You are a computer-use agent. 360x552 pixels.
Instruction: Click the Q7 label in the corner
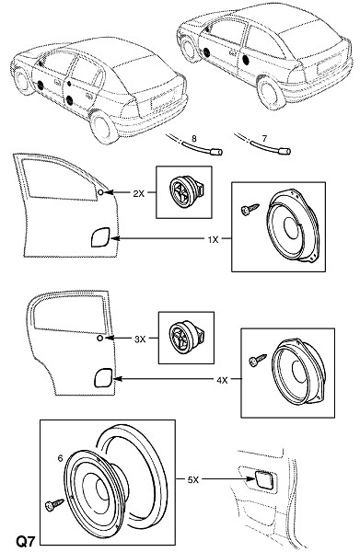coord(26,540)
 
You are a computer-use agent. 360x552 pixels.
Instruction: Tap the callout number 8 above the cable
coord(194,139)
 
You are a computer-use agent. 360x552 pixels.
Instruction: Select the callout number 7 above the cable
coord(264,138)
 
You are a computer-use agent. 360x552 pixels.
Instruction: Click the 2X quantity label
coord(138,193)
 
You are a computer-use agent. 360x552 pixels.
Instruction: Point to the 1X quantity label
coord(213,240)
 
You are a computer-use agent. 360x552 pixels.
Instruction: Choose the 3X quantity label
coord(140,339)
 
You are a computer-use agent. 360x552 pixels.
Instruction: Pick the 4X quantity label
coord(222,380)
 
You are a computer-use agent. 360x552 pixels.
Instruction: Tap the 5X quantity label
coord(193,479)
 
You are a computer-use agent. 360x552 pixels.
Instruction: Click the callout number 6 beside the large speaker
coord(60,458)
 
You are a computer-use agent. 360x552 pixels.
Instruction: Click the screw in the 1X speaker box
coord(250,209)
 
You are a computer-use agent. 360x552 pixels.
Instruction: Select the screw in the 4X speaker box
coord(258,360)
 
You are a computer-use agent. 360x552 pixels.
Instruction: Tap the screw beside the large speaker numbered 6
coord(54,505)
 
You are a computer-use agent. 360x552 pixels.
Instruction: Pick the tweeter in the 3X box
coord(186,338)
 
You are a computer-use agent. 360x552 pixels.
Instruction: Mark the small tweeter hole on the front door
coord(100,192)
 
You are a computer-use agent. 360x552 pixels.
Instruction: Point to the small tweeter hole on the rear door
coord(100,339)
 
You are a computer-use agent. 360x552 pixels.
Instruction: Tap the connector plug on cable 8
coord(216,152)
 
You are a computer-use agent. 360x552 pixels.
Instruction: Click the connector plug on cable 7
coord(285,152)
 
